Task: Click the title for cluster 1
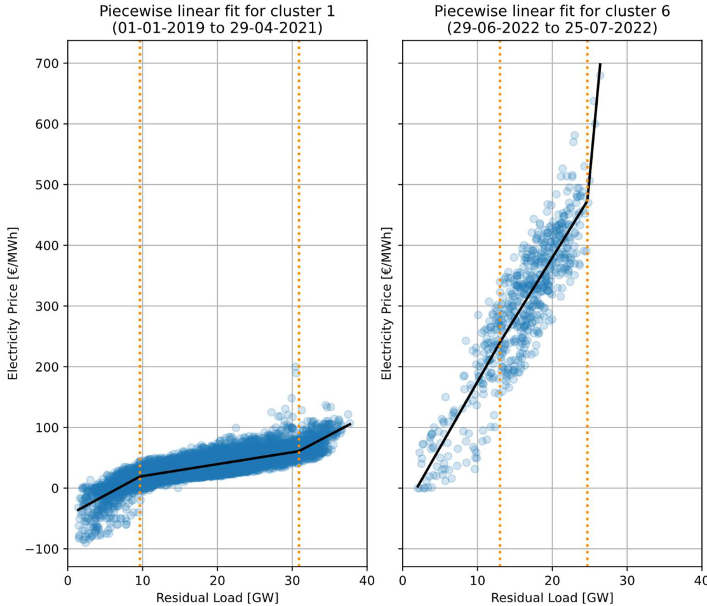coord(217,11)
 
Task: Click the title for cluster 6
coord(552,11)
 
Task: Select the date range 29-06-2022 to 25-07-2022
coord(552,28)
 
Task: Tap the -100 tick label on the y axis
coord(43,549)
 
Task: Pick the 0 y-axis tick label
coord(55,488)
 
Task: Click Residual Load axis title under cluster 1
coord(217,597)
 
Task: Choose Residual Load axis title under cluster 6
coord(552,597)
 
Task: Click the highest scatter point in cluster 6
coord(600,76)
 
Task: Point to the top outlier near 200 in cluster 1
coord(295,367)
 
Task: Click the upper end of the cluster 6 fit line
coord(600,64)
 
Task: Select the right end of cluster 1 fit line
coord(350,424)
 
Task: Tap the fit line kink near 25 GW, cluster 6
coord(588,201)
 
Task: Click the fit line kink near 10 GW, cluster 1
coord(140,476)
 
